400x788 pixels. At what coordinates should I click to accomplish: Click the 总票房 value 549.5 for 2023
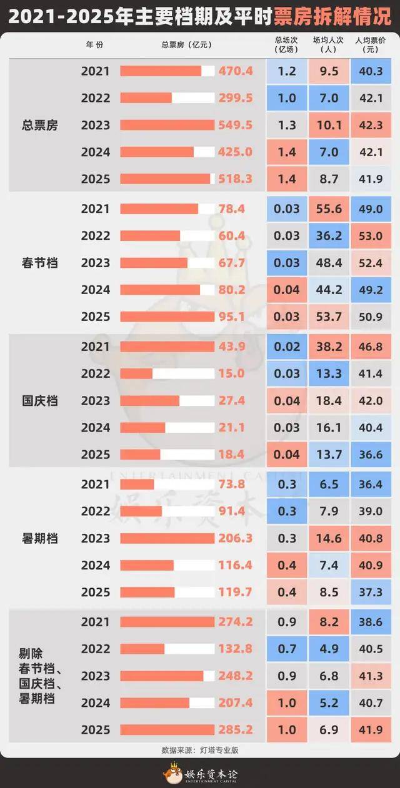[x=235, y=125]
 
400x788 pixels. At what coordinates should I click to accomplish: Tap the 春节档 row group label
[x=39, y=263]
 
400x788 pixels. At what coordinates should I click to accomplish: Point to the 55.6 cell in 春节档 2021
[x=329, y=209]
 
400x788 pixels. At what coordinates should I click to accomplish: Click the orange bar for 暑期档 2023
[x=167, y=538]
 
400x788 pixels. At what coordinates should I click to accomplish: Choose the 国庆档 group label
[x=39, y=401]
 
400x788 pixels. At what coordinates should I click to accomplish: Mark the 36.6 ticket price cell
[x=371, y=455]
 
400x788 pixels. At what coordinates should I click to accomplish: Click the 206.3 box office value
[x=235, y=538]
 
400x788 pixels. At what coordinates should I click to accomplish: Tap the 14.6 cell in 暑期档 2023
[x=329, y=538]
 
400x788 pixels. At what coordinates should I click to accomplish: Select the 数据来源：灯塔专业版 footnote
[x=200, y=750]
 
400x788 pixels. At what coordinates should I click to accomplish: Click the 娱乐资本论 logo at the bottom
[x=200, y=775]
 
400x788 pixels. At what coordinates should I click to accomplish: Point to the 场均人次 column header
[x=329, y=44]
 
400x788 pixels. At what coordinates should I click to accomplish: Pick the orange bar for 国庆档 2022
[x=136, y=373]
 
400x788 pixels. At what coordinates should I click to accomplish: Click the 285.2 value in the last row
[x=235, y=730]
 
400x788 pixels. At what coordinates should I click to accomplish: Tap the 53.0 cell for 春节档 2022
[x=371, y=236]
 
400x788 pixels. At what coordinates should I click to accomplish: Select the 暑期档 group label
[x=39, y=538]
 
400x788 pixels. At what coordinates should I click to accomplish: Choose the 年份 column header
[x=95, y=44]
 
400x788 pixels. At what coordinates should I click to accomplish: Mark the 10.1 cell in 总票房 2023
[x=329, y=125]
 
